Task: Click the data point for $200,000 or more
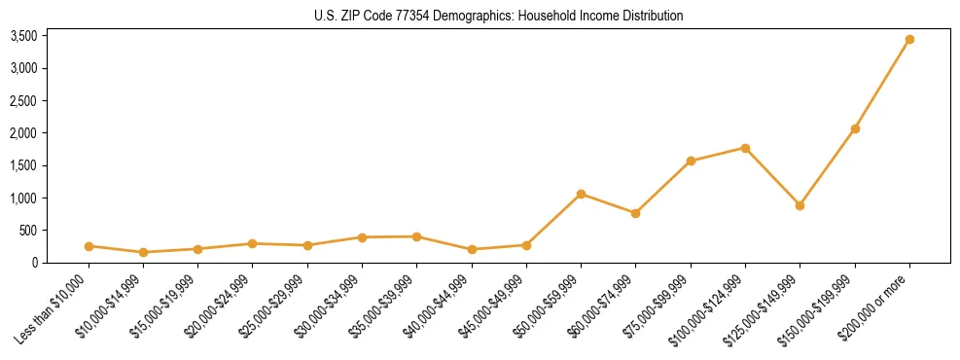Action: (x=909, y=40)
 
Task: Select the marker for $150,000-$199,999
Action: (x=855, y=128)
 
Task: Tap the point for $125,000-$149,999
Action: (x=800, y=205)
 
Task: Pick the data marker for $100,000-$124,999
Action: (x=745, y=148)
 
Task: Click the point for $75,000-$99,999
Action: (x=691, y=161)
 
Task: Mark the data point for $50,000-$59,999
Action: (x=581, y=194)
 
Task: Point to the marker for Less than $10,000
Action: (x=89, y=246)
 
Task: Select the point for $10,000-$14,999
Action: (x=143, y=252)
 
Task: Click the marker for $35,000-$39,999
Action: (x=416, y=236)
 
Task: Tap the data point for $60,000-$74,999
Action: (x=635, y=213)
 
